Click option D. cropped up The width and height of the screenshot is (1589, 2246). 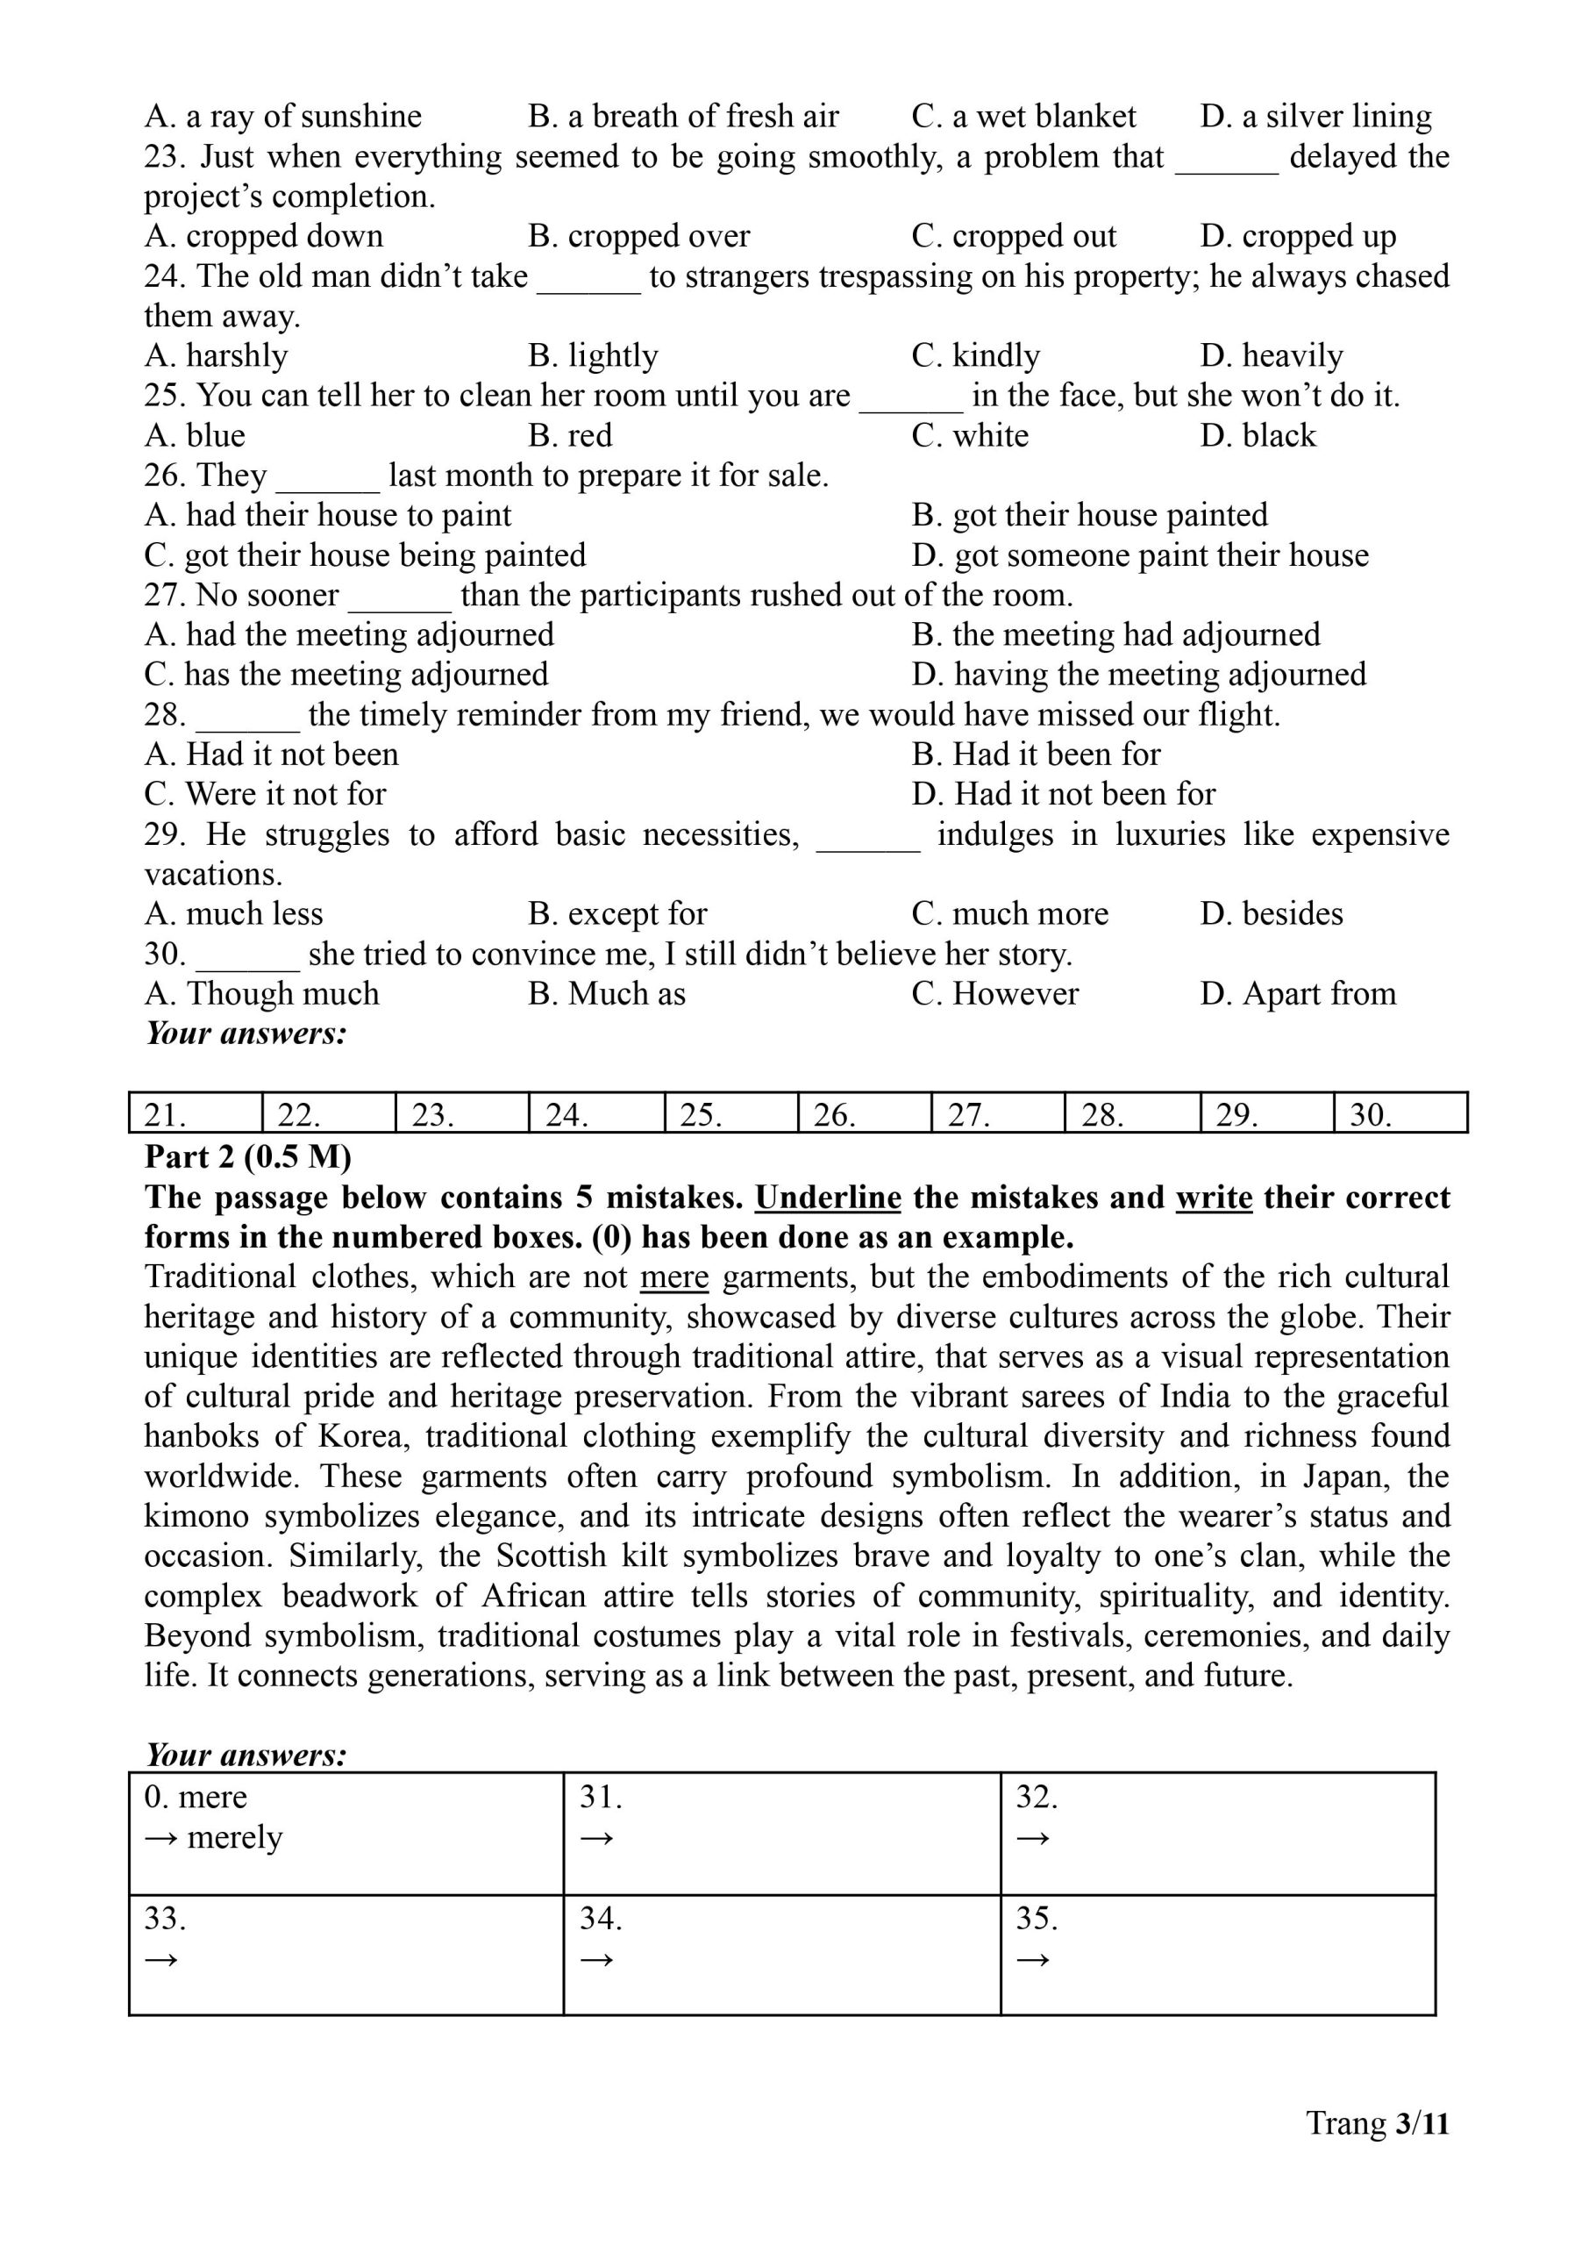click(x=1298, y=237)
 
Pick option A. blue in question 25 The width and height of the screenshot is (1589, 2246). click(x=195, y=435)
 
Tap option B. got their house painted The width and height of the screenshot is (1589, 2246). click(x=1089, y=515)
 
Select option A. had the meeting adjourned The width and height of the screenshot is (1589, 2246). click(x=349, y=635)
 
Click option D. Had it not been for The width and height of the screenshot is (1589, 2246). click(x=1064, y=794)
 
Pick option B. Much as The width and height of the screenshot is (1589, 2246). click(x=607, y=994)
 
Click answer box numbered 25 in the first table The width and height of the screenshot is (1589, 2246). click(x=730, y=1113)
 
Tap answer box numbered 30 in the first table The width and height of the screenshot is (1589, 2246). click(x=1400, y=1113)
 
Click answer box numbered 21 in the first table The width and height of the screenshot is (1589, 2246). click(x=195, y=1113)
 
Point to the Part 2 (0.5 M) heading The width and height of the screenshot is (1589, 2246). click(x=247, y=1158)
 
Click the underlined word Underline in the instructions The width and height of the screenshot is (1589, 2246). click(x=828, y=1198)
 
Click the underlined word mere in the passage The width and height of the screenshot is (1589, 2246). click(x=674, y=1278)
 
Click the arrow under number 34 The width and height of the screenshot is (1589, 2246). click(x=597, y=1959)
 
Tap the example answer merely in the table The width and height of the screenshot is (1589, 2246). click(x=234, y=1838)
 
